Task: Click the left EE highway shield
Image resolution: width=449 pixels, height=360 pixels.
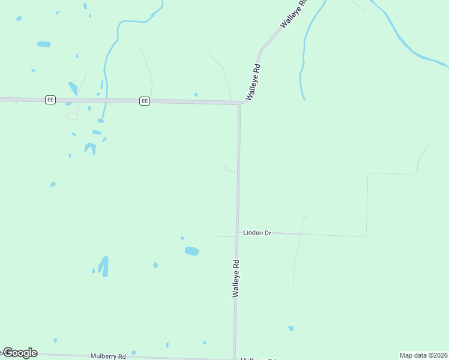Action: pos(50,100)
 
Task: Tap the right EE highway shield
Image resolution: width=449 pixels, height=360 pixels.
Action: pos(144,101)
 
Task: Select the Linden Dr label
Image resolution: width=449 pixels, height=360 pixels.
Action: pos(257,232)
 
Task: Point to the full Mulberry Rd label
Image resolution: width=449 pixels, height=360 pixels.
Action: pos(108,356)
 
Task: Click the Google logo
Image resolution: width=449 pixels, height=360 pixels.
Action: pos(20,353)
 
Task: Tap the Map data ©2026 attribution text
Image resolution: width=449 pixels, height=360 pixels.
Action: pos(424,355)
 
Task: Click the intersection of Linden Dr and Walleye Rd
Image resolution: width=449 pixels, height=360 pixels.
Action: pos(237,232)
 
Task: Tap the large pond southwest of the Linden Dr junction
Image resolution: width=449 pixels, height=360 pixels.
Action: pos(191,251)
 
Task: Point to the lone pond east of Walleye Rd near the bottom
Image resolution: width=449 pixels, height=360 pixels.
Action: pos(291,328)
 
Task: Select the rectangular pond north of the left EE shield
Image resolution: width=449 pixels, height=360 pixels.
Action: pos(43,44)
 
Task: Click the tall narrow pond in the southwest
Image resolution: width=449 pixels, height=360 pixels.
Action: pos(104,266)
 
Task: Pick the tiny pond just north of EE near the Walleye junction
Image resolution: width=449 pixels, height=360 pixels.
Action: pos(196,94)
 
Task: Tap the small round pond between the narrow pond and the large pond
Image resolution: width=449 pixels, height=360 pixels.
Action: pos(155,265)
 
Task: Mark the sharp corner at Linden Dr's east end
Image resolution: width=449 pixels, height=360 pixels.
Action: pos(365,236)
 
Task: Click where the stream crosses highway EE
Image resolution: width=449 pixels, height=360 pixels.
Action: pos(103,100)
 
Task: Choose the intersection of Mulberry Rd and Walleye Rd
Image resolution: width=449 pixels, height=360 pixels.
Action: pos(234,358)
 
